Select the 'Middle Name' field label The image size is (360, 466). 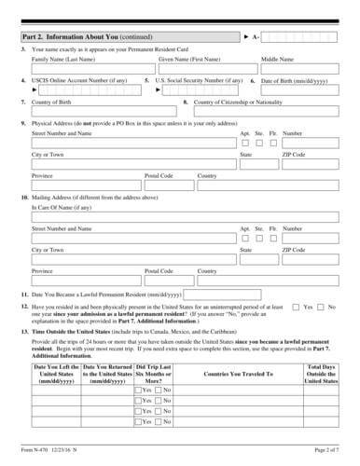(x=279, y=58)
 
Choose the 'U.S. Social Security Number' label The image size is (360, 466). (x=196, y=80)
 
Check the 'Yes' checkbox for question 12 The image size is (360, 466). (x=296, y=307)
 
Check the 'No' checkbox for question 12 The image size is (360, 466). (x=322, y=307)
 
